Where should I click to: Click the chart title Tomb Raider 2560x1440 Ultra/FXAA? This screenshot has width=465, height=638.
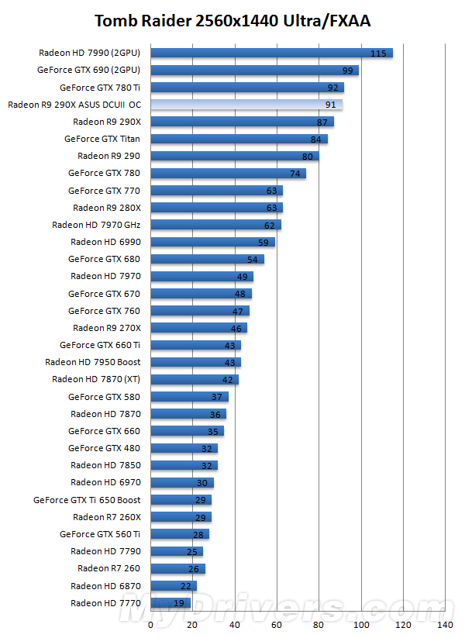tap(232, 21)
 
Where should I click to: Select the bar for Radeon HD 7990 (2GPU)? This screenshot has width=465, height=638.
tap(271, 53)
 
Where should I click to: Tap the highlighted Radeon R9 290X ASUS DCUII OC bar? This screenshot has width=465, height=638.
tap(246, 105)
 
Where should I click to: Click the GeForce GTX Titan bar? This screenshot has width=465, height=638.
tap(239, 139)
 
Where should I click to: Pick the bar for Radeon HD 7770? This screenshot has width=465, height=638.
tap(170, 602)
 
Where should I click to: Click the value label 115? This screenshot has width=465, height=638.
tap(378, 53)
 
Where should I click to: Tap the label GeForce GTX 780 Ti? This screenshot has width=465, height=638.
tap(100, 88)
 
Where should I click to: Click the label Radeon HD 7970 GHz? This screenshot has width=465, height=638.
tap(96, 225)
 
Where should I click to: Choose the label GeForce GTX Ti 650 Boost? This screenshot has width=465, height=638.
tap(87, 500)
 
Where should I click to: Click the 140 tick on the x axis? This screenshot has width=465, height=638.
tap(444, 624)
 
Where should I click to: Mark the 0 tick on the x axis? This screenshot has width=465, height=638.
tap(150, 624)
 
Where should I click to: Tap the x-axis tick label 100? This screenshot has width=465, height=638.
tap(360, 624)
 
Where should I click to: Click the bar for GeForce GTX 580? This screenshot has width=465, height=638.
tap(189, 397)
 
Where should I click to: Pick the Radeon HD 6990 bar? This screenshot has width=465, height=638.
tap(212, 242)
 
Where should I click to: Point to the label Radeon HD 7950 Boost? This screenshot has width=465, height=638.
tap(93, 362)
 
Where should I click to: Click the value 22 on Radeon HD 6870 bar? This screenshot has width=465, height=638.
tap(187, 586)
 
